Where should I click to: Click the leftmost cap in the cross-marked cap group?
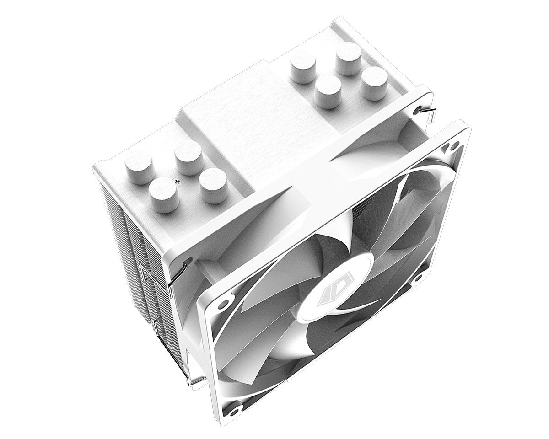click(x=138, y=166)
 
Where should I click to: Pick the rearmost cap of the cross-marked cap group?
click(x=188, y=156)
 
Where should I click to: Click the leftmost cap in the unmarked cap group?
click(x=302, y=66)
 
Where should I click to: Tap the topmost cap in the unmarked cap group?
click(x=348, y=58)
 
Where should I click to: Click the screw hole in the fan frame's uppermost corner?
click(x=454, y=145)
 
